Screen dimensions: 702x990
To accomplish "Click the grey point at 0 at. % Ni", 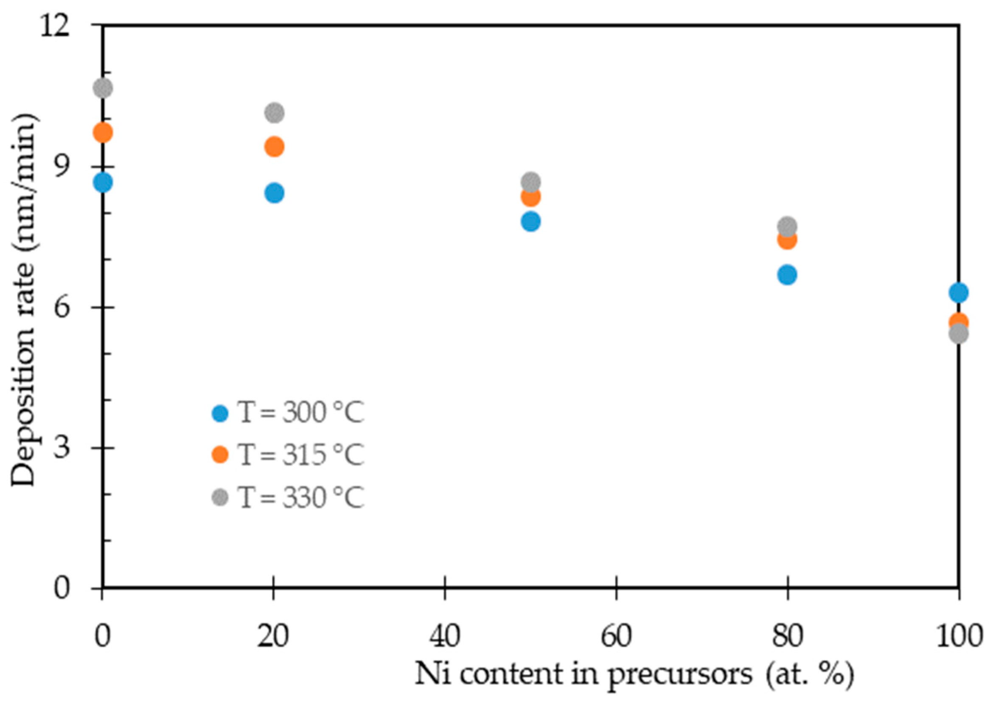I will pos(102,89).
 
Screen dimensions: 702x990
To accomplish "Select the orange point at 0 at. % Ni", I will pos(102,133).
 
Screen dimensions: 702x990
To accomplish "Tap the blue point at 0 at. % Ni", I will pos(102,182).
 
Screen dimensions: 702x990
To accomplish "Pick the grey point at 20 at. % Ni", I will pos(274,113).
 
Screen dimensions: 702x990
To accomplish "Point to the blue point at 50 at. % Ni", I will pos(531,222).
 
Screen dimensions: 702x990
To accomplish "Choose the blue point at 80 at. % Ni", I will pos(787,275).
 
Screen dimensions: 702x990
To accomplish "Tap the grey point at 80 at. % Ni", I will pos(787,227).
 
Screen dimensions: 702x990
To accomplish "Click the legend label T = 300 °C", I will pos(301,413).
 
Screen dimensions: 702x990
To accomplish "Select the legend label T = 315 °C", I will pos(301,455).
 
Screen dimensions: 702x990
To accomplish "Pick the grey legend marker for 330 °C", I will pos(220,498).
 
